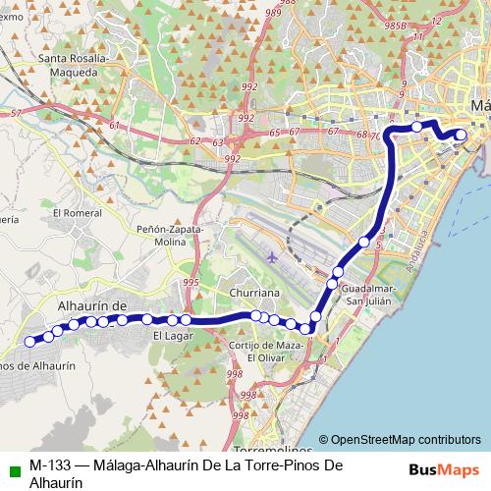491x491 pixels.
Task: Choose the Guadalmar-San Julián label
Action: coord(367,294)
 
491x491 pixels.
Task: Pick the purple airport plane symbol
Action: coord(272,257)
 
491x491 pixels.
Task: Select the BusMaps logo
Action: coord(444,469)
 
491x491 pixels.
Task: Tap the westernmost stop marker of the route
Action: coord(30,342)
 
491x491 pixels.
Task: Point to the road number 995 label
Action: coord(191,283)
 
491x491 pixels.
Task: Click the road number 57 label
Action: coord(15,115)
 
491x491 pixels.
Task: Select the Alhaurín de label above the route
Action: coord(93,306)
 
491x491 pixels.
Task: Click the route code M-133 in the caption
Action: coord(48,465)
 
